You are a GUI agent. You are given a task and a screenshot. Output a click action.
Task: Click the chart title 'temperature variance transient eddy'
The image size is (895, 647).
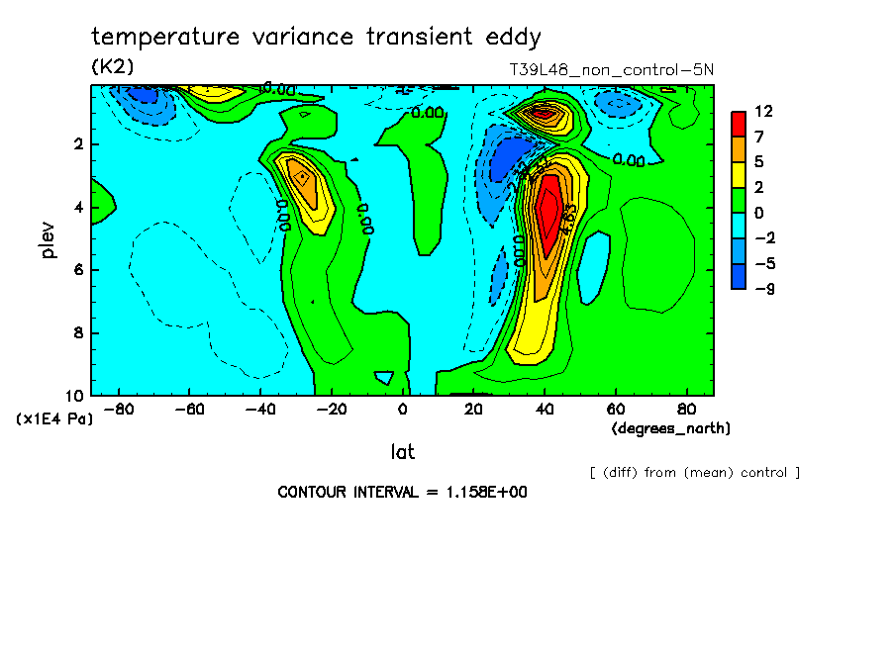(x=316, y=38)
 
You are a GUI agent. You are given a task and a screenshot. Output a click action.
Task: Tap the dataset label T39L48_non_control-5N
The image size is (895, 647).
(x=609, y=69)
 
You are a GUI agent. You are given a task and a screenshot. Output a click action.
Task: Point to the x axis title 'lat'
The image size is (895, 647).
(x=402, y=452)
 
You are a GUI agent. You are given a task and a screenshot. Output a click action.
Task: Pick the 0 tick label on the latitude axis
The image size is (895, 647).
(x=402, y=409)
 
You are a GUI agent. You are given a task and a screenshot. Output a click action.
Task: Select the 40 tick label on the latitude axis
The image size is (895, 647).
(x=545, y=409)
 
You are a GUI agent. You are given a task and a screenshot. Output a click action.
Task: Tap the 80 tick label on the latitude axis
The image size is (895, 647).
(x=685, y=409)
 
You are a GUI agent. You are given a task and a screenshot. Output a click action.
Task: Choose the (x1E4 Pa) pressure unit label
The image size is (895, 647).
(x=55, y=419)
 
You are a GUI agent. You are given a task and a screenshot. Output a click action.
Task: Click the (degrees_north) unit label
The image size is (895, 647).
(x=671, y=428)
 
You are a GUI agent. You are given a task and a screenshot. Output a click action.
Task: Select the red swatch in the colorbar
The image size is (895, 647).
(x=739, y=124)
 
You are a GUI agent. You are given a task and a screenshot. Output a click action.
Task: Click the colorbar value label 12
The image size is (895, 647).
(x=763, y=111)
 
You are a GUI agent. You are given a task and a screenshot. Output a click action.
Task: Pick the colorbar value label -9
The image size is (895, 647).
(x=763, y=289)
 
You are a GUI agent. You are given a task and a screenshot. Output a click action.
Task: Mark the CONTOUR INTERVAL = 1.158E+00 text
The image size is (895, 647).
(x=402, y=492)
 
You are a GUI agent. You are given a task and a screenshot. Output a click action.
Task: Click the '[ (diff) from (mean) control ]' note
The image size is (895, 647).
(x=694, y=472)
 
